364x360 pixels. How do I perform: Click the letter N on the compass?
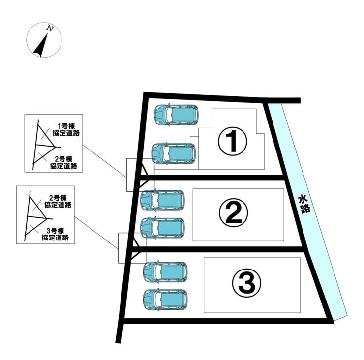(50, 29)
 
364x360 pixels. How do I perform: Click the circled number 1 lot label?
(232, 142)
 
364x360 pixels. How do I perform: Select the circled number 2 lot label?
(234, 212)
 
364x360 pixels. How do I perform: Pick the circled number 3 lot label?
(246, 283)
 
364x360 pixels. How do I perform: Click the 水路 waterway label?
(304, 204)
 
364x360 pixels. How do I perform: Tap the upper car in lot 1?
(177, 115)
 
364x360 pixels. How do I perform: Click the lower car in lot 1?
(174, 153)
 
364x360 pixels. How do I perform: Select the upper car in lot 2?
(163, 200)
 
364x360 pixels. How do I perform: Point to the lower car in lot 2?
(163, 228)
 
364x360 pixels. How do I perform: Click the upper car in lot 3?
(165, 272)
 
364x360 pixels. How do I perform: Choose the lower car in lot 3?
(165, 300)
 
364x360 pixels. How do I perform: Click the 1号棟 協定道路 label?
(66, 130)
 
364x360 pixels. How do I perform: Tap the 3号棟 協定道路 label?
(55, 234)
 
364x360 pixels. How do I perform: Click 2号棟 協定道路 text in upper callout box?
(63, 162)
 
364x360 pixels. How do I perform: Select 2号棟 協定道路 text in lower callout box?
(58, 201)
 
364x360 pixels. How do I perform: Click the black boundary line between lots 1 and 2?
(212, 178)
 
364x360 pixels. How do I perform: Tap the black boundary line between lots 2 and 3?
(217, 249)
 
